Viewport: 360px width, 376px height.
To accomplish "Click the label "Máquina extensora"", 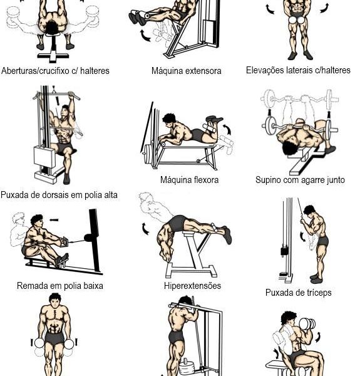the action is click(x=187, y=71).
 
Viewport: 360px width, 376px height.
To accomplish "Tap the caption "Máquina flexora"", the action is click(x=189, y=180).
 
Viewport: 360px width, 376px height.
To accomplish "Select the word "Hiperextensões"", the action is click(x=192, y=286).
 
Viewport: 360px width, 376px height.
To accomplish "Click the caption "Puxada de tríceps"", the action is click(x=298, y=293).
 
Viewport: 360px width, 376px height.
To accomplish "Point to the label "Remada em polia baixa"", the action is click(x=60, y=286).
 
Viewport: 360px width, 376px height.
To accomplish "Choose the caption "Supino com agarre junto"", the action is click(x=300, y=180).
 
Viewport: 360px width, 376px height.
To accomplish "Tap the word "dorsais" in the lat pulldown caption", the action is click(x=56, y=195).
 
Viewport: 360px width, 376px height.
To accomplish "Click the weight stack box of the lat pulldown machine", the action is click(x=44, y=157).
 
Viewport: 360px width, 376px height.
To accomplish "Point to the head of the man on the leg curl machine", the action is click(x=170, y=120).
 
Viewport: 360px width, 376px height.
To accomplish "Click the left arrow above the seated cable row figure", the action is click(x=54, y=220).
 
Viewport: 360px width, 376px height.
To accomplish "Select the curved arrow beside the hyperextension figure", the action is click(x=145, y=228).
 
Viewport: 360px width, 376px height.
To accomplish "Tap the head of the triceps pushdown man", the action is click(x=309, y=211).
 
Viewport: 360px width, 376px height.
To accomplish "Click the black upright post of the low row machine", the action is click(x=95, y=240).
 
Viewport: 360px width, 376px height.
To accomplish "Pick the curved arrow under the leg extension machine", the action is click(x=145, y=35).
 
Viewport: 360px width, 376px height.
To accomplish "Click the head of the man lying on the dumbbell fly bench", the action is click(x=52, y=28).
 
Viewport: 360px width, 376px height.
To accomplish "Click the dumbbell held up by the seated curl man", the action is click(x=307, y=324).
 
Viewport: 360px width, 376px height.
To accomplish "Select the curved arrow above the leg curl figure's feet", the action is click(x=227, y=129).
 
